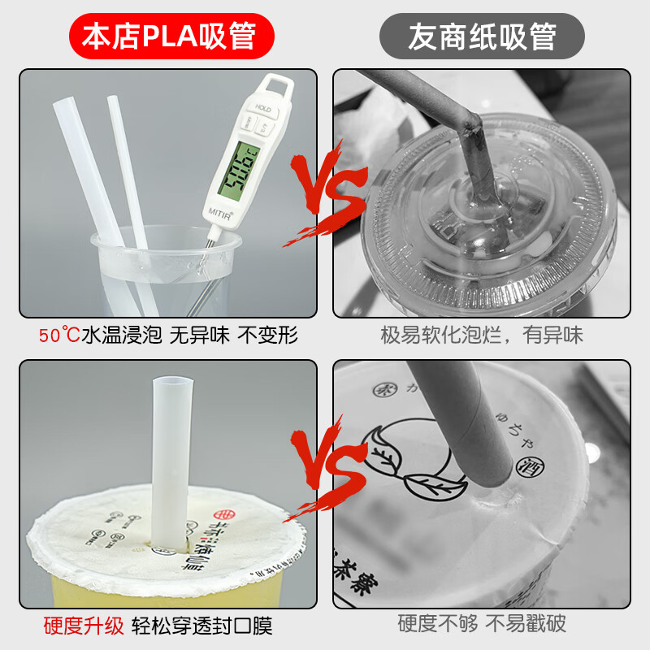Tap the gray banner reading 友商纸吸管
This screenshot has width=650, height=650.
[x=483, y=36]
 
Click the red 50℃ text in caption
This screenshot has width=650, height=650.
[x=59, y=335]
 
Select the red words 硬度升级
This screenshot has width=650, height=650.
[x=84, y=626]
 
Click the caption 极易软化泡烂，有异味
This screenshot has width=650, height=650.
[x=482, y=335]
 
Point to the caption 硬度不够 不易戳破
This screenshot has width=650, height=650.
[x=482, y=624]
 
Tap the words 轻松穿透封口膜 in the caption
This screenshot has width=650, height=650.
[x=203, y=626]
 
